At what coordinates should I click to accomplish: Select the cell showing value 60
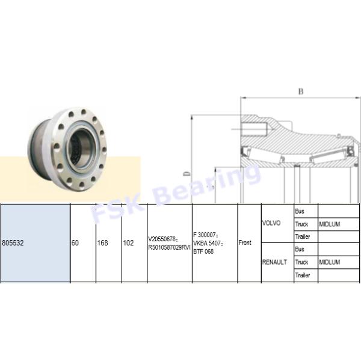[x=75, y=243]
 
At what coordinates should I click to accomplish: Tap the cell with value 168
[x=101, y=243]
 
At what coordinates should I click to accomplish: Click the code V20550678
[x=165, y=239]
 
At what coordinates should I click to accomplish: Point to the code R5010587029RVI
[x=169, y=247]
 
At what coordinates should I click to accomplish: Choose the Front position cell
[x=245, y=243]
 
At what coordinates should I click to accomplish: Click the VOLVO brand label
[x=273, y=223]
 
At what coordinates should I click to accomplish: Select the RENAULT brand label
[x=275, y=262]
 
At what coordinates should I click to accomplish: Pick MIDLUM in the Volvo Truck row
[x=330, y=224]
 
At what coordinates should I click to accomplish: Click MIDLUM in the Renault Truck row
[x=330, y=262]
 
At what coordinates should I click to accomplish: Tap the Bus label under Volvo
[x=300, y=211]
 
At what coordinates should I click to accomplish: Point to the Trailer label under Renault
[x=303, y=275]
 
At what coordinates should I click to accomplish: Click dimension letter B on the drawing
[x=301, y=91]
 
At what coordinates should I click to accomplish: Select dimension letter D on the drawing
[x=187, y=174]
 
